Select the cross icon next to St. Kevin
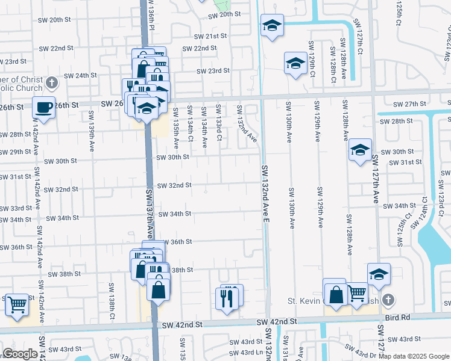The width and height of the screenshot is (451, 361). (389, 299)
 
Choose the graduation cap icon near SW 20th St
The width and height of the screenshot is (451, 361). (272, 25)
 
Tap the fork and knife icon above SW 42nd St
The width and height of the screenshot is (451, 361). (227, 297)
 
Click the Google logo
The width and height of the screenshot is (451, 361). (20, 354)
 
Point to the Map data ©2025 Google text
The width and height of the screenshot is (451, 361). (414, 356)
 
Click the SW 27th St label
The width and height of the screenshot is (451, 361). (409, 104)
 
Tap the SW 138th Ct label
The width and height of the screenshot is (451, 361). (112, 300)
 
